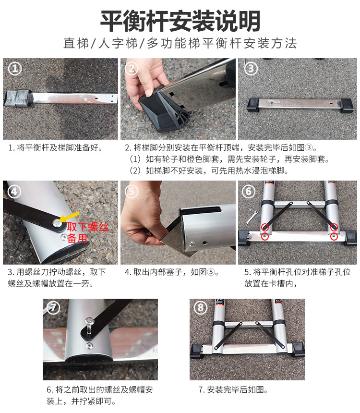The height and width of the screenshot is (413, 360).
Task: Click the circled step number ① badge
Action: point(15,69)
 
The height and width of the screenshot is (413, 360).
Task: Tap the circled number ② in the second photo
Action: point(132,69)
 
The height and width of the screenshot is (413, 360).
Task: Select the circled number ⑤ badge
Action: point(132,192)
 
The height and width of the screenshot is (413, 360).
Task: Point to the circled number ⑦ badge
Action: point(53,307)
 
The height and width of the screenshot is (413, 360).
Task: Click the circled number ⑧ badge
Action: point(201,307)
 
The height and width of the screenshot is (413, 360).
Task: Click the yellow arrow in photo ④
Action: point(69,217)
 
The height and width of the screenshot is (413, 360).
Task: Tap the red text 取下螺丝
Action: point(88,227)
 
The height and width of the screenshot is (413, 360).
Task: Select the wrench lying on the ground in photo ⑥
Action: point(251,217)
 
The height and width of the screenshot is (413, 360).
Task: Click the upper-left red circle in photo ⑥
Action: point(265,227)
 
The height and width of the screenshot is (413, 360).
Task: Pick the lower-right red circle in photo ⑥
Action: point(334,237)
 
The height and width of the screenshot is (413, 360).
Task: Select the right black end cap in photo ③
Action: point(346,105)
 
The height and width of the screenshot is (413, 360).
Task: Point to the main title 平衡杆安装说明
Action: point(180,21)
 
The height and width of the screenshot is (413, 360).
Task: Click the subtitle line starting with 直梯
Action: point(180,43)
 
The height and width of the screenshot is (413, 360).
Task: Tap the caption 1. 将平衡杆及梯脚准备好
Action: point(55,148)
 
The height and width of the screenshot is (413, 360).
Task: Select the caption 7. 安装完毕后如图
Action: point(233,389)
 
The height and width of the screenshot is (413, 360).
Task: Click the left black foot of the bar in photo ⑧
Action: point(196,351)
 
